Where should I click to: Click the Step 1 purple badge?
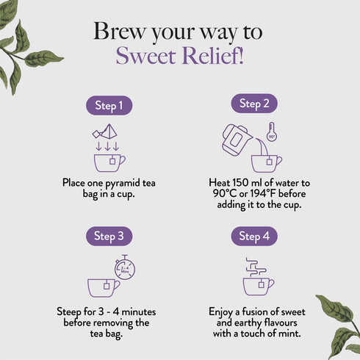109,105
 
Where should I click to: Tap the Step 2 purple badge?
254,104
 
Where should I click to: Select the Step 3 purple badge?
109,236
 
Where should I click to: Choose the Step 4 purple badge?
254,236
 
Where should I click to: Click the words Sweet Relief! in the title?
180,56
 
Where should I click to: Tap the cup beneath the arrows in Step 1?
108,162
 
